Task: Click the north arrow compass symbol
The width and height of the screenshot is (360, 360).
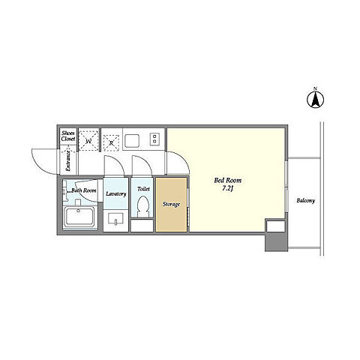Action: point(315,99)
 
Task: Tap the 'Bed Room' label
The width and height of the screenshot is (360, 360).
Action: point(228,180)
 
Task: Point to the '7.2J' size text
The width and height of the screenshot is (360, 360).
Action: point(227,189)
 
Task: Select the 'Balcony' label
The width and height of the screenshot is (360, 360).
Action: point(306,200)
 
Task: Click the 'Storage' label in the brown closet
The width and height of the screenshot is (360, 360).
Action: point(171,204)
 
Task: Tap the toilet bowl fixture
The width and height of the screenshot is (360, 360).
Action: point(143,205)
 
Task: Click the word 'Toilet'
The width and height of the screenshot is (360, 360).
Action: point(143,189)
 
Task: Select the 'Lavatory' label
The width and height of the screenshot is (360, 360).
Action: point(116,193)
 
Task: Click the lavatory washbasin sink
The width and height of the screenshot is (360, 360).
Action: point(115,218)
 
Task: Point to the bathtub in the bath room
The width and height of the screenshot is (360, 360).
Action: point(79,216)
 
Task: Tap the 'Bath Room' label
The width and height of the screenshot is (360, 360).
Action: point(84,190)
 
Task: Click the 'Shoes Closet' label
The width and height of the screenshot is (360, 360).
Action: point(68,136)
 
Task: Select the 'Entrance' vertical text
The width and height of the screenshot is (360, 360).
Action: point(68,161)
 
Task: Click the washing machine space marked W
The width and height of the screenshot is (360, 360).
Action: point(88,140)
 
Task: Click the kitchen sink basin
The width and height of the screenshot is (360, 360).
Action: point(132,141)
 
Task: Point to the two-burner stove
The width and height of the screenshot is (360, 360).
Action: point(154,139)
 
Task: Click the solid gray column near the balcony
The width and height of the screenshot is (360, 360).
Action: point(276,241)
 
